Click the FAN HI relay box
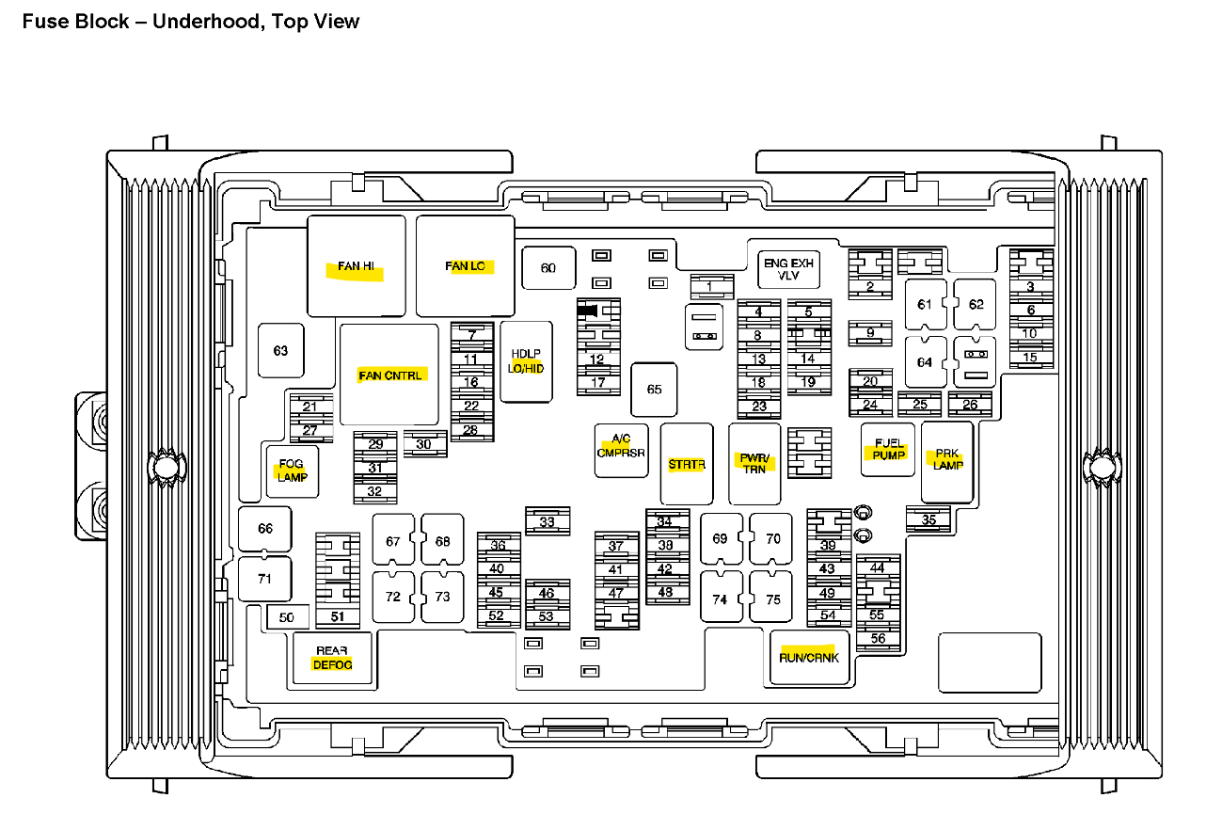357,266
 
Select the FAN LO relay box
466,266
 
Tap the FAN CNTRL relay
389,375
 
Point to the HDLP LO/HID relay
526,361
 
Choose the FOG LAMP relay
293,471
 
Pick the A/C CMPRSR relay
621,450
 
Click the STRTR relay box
687,464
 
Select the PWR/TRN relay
754,464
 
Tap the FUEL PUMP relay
888,450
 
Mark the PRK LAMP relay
947,461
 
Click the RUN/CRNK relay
809,657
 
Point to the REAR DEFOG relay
333,658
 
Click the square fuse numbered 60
547,269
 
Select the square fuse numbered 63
280,351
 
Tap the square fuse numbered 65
654,390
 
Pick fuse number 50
287,617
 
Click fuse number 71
264,579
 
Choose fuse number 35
928,519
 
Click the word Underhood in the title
208,21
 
